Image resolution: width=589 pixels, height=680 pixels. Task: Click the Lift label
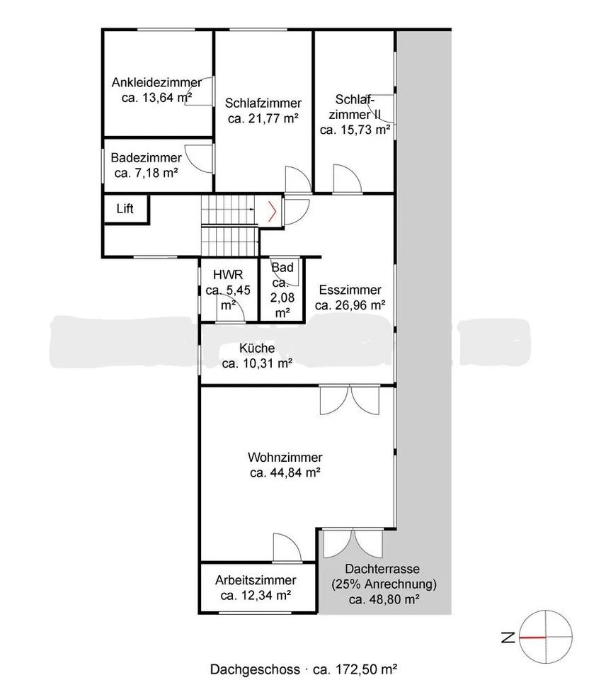point(125,208)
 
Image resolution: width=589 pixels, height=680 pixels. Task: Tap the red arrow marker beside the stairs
point(272,212)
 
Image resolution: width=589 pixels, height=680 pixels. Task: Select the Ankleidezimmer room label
point(156,82)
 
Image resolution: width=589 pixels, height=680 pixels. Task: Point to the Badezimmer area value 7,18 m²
point(147,173)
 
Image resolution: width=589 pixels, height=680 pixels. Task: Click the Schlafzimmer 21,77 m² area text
point(263,118)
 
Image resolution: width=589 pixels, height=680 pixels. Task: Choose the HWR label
point(228,275)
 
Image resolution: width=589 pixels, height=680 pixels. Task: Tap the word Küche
point(257,348)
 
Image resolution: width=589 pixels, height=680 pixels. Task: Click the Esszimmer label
point(350,290)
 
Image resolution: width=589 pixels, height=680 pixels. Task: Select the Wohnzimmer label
point(285,457)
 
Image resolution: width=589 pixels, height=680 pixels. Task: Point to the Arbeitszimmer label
point(256,580)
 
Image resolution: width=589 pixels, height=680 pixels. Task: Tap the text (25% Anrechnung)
point(384,584)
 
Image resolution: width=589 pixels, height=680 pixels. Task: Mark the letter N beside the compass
point(508,637)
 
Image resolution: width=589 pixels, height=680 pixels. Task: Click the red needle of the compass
point(532,637)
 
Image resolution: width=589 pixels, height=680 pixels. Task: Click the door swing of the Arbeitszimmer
point(287,547)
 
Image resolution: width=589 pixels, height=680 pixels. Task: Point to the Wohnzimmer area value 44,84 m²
point(285,472)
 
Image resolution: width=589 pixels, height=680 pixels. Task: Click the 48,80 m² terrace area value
point(384,600)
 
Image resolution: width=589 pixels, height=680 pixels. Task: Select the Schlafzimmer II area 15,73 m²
point(355,130)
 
